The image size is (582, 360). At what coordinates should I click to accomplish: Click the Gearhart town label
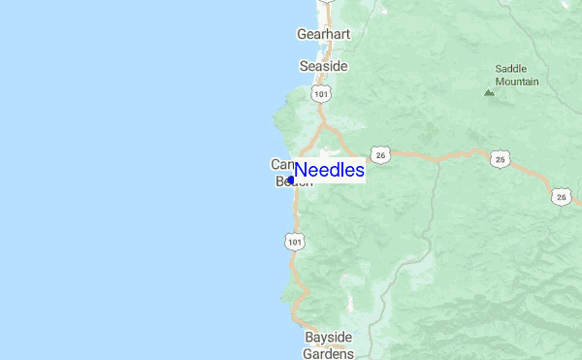322,34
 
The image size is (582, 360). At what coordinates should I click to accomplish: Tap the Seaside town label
323,66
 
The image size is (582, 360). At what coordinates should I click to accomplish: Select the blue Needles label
330,171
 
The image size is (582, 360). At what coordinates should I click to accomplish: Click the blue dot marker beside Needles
291,180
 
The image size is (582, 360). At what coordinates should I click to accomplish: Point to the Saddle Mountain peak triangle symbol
489,93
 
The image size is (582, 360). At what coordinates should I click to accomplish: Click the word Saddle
511,69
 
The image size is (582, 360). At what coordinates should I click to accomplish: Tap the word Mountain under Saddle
517,82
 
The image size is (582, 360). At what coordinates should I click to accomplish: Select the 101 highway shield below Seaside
321,92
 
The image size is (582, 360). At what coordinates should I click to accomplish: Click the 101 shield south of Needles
295,240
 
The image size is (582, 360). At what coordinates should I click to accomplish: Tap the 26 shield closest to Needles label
380,154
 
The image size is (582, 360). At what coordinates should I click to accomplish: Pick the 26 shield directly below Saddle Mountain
500,158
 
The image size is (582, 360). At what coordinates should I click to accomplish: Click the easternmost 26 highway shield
563,197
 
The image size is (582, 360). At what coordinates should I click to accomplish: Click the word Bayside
328,338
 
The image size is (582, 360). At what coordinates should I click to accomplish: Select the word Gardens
328,353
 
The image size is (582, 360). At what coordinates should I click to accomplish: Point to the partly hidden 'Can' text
280,164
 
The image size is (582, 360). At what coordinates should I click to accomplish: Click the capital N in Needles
302,171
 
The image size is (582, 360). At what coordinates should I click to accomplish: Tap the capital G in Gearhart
302,34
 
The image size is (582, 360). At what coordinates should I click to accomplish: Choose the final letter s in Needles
359,171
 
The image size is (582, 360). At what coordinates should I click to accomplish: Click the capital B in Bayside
309,338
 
